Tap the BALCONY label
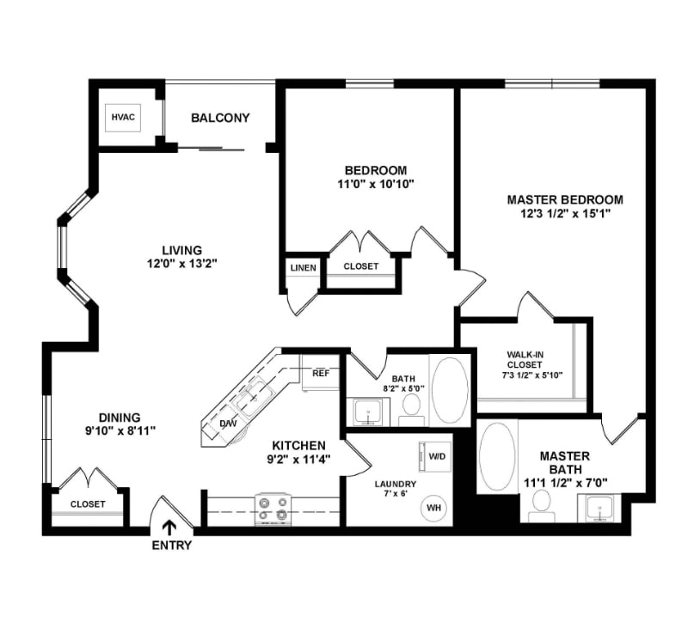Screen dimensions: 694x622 tap(220, 118)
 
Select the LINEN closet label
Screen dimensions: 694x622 tap(302, 267)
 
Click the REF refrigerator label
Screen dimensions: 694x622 tap(321, 374)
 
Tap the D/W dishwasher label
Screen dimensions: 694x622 tap(230, 424)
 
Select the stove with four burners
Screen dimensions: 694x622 tap(274, 508)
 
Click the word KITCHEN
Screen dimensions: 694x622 tap(298, 445)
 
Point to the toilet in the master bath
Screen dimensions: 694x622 tap(541, 503)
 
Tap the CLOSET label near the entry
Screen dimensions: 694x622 tap(88, 504)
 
